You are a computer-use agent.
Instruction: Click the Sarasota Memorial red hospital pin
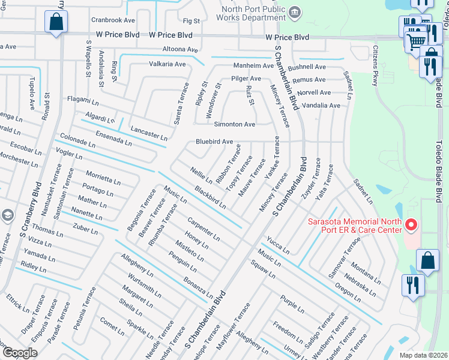pyautogui.click(x=411, y=226)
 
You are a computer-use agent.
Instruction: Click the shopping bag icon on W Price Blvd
pyautogui.click(x=55, y=23)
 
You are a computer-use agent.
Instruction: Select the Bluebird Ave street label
pyautogui.click(x=214, y=142)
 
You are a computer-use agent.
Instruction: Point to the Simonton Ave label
pyautogui.click(x=235, y=124)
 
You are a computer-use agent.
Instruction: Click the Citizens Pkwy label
pyautogui.click(x=376, y=67)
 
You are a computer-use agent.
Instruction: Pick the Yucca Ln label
pyautogui.click(x=279, y=244)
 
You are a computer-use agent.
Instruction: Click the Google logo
pyautogui.click(x=20, y=353)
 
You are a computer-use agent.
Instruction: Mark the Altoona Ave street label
pyautogui.click(x=180, y=49)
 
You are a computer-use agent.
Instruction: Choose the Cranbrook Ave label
pyautogui.click(x=113, y=20)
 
